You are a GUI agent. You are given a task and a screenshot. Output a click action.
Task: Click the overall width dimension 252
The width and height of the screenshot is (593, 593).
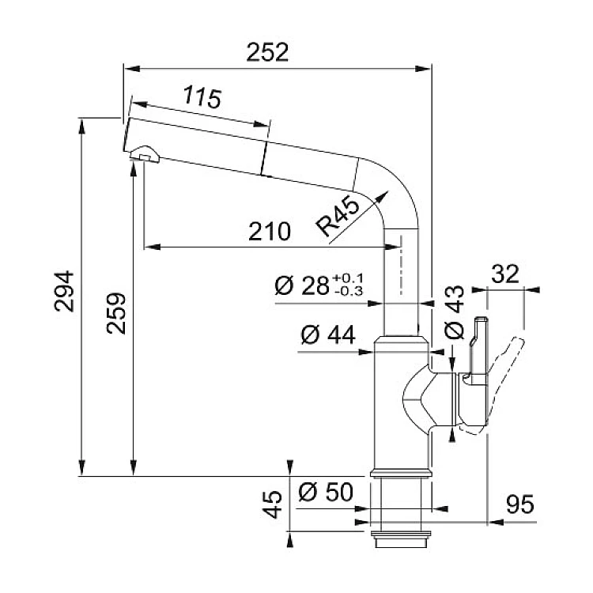click(x=266, y=51)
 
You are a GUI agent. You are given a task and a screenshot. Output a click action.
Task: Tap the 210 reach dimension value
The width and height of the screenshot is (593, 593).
click(x=269, y=232)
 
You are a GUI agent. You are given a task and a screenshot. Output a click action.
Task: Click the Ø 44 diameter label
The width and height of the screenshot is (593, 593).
click(x=327, y=337)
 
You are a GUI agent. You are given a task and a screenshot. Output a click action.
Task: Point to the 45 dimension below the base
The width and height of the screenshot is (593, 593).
click(x=273, y=504)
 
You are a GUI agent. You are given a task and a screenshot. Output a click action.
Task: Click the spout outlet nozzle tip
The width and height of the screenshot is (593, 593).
click(x=142, y=157)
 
